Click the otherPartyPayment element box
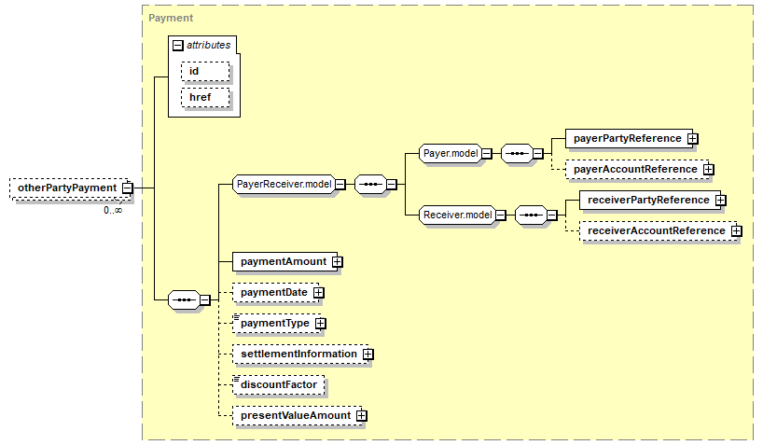pos(66,188)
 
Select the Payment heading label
pos(171,18)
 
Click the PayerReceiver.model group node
pos(284,185)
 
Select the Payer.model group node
pos(450,153)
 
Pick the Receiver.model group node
pos(457,216)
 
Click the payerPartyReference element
pos(626,139)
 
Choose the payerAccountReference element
pos(634,169)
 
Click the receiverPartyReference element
pos(644,200)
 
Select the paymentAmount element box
pos(282,262)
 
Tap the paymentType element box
pos(274,323)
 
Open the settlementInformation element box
pos(298,355)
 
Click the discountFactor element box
pos(278,384)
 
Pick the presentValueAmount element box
pos(295,415)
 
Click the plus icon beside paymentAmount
pos(338,262)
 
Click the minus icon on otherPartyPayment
pos(128,188)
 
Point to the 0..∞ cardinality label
pos(113,210)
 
